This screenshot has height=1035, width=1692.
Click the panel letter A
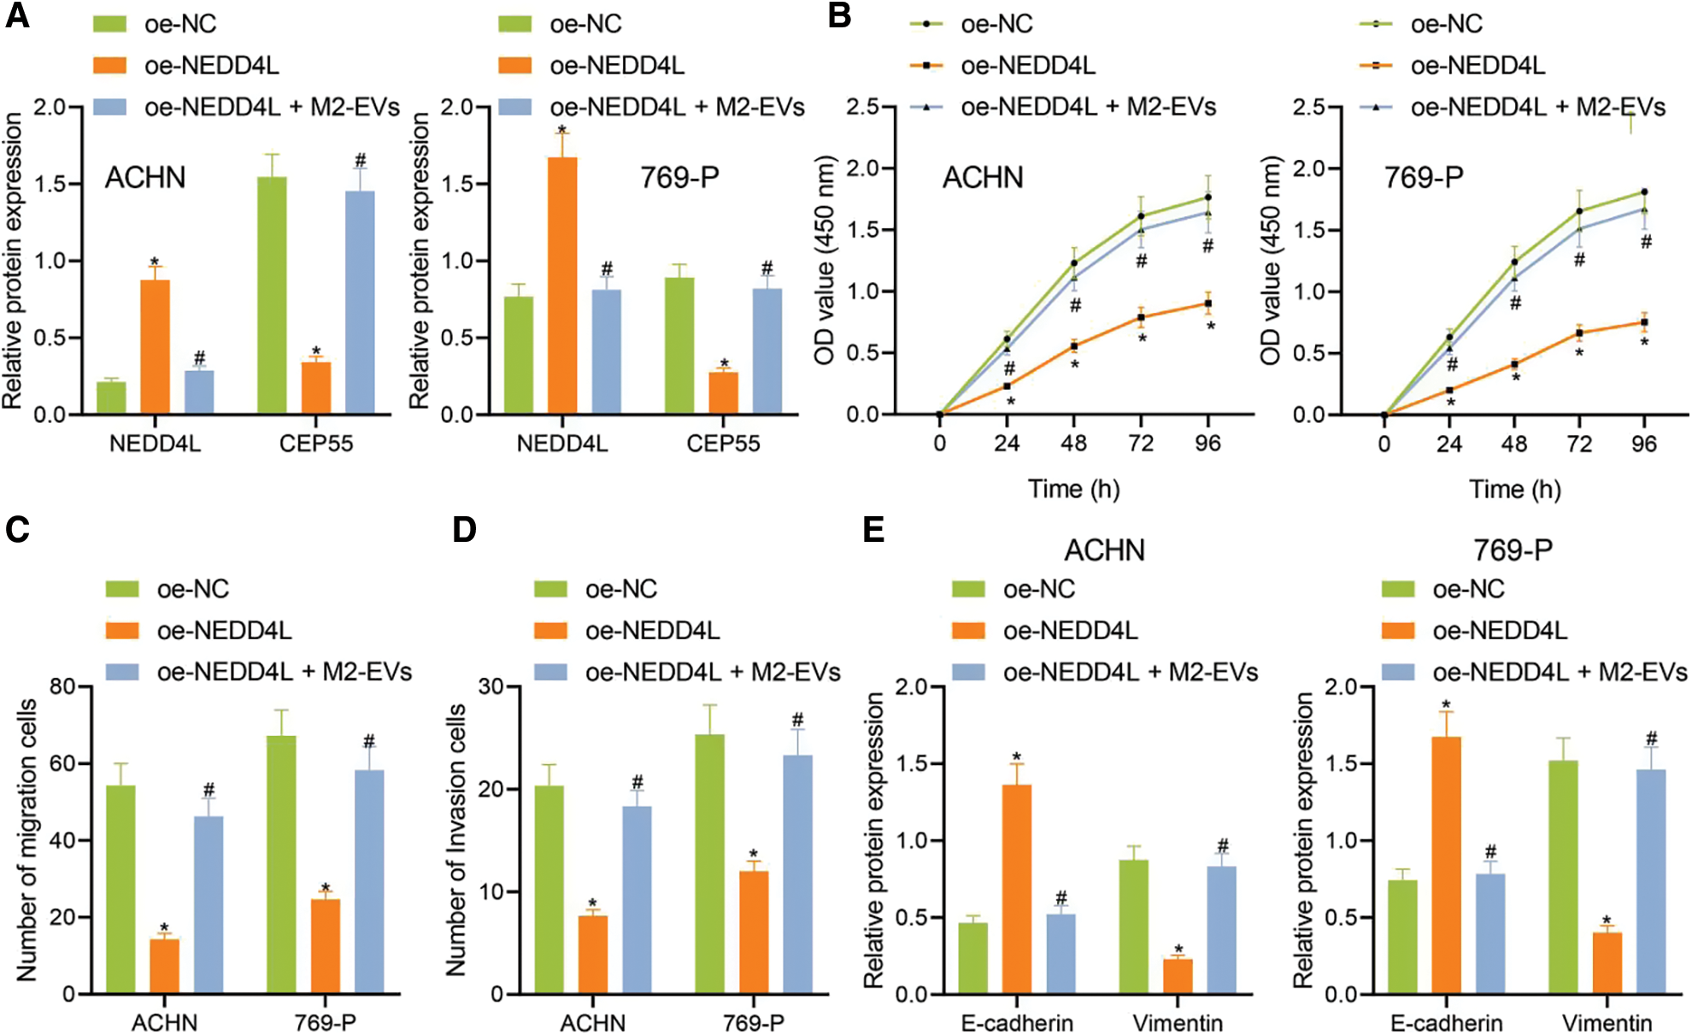coord(17,16)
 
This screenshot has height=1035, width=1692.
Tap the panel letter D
coord(464,530)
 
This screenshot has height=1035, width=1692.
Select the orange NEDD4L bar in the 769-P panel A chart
coord(562,285)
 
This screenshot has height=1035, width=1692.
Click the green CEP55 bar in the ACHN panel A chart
coord(273,296)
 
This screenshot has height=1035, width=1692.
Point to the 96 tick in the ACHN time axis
coord(1207,444)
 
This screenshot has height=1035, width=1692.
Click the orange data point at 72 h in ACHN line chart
coord(1141,318)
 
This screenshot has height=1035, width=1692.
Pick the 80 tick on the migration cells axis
coord(62,686)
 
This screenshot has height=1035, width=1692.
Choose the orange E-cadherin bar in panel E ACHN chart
coord(1017,889)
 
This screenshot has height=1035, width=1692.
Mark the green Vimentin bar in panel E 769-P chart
coord(1563,877)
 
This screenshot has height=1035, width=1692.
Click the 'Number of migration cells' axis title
coord(27,839)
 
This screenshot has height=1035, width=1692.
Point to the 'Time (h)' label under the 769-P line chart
coord(1514,489)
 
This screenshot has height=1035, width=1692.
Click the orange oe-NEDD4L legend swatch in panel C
coord(123,631)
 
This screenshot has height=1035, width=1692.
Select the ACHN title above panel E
coord(1104,550)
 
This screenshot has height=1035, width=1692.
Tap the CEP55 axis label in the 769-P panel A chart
coord(723,444)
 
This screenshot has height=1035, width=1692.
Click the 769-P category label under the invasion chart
coord(753,1022)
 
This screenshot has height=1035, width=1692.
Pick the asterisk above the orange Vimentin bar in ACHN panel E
coord(1178,950)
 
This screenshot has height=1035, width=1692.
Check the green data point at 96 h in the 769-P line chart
coord(1644,192)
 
